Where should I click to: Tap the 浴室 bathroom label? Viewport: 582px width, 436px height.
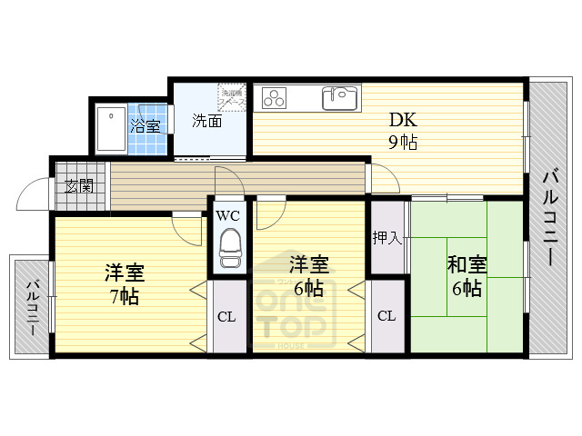click(145, 125)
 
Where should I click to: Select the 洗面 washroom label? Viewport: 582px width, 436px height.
click(206, 121)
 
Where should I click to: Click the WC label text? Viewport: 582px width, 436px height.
click(228, 215)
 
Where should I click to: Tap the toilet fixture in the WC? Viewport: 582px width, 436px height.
click(229, 246)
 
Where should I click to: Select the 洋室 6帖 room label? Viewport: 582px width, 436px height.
click(308, 276)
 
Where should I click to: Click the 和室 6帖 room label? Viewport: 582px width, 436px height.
click(467, 276)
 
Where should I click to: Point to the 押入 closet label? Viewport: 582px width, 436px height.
click(386, 238)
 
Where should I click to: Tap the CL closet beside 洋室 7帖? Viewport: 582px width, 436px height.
click(227, 317)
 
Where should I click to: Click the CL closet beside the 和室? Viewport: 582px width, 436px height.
click(386, 316)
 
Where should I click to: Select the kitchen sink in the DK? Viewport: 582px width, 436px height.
click(340, 97)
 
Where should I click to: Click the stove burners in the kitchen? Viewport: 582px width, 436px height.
click(275, 97)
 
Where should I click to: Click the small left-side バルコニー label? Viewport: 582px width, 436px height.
click(31, 308)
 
